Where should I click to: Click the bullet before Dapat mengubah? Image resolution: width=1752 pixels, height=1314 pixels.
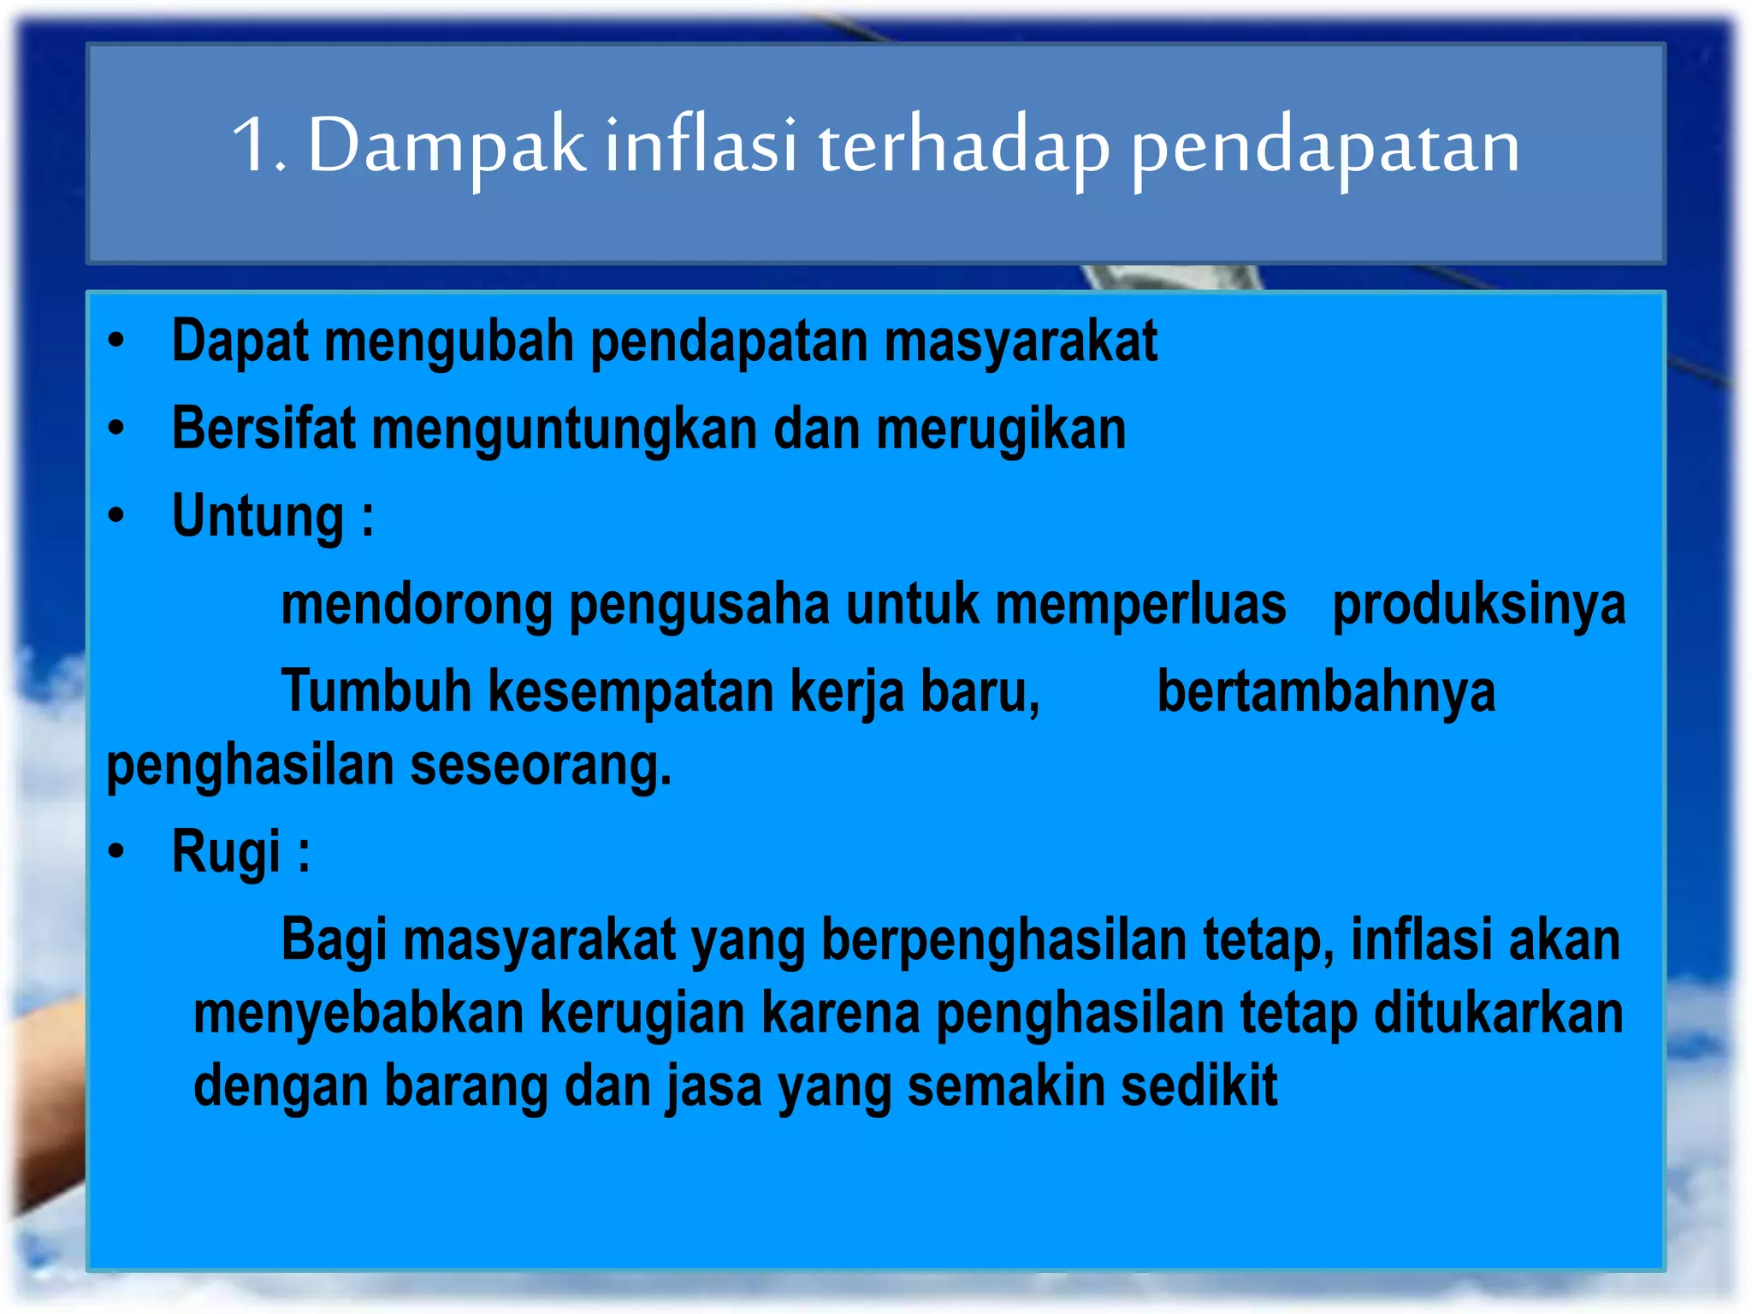click(116, 340)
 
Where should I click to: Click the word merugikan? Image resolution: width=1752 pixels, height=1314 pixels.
click(1001, 430)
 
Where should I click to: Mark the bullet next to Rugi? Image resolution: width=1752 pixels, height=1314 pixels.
click(116, 851)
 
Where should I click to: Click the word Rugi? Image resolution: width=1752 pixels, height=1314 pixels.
click(226, 853)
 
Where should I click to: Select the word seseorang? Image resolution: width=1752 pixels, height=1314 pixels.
click(541, 766)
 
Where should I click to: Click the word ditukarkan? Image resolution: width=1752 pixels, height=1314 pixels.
click(1498, 1014)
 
